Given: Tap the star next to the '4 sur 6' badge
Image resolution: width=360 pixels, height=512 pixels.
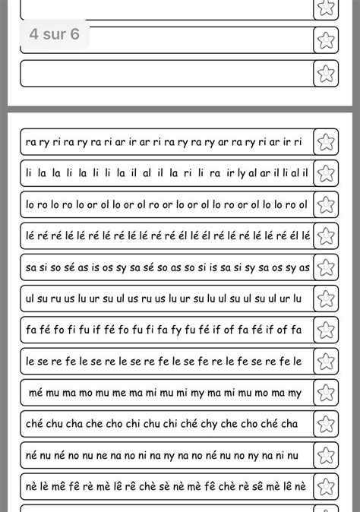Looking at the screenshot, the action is tap(326, 40).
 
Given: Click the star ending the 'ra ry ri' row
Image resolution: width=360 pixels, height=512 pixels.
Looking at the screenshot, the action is tap(326, 142).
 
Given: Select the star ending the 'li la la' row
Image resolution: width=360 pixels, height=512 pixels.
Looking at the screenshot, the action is tap(326, 173).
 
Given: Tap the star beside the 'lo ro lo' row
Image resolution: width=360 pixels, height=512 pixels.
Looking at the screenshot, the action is tap(326, 204).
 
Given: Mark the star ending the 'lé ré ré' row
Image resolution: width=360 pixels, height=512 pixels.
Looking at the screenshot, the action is tap(326, 235).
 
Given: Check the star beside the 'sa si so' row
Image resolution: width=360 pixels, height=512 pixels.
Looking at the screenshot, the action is tap(326, 267).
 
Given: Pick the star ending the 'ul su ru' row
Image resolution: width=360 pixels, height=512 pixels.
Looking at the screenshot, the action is tap(326, 299).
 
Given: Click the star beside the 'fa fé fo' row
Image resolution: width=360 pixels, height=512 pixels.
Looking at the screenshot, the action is tap(326, 330).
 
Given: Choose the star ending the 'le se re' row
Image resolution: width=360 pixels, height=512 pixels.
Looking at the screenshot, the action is tap(326, 361).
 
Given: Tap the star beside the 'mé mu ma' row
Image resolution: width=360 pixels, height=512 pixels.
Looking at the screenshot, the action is tap(326, 393).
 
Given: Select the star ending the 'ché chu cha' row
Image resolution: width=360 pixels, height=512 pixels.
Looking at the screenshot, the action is tap(326, 424).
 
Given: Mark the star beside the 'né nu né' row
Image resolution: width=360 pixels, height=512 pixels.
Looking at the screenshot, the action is tap(326, 455).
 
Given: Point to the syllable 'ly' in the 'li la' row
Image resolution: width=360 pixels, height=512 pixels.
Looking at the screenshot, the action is tap(242, 174).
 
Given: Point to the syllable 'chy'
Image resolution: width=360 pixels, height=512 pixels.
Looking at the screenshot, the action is tap(201, 424).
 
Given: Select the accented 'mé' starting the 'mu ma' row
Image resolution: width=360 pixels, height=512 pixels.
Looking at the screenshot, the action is tap(35, 393).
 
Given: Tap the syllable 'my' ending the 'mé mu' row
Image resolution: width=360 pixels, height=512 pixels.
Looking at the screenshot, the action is tap(295, 393).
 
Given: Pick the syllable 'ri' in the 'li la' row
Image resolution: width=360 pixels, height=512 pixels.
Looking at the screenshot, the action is tap(186, 173).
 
